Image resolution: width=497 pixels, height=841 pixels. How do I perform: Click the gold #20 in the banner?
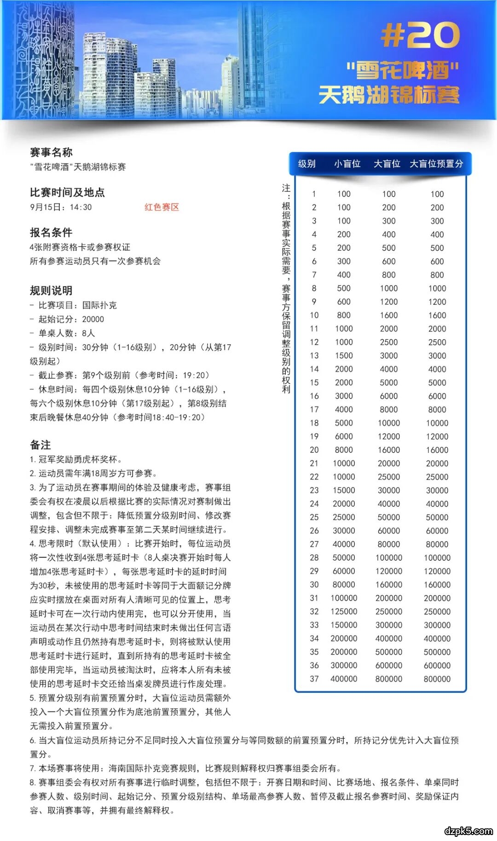pyautogui.click(x=420, y=35)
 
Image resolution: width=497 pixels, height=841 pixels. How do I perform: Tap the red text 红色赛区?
pyautogui.click(x=162, y=207)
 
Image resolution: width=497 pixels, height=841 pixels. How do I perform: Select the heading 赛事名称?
pyautogui.click(x=51, y=152)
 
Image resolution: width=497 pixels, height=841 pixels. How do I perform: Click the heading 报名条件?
pyautogui.click(x=51, y=232)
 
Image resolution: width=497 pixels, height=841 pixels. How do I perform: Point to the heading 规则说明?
pyautogui.click(x=51, y=290)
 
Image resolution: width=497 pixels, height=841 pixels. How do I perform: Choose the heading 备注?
pyautogui.click(x=40, y=445)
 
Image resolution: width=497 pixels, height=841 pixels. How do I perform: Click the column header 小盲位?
pyautogui.click(x=347, y=164)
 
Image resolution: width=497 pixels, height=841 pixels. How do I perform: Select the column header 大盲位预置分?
pyautogui.click(x=436, y=164)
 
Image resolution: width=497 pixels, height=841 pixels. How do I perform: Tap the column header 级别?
pyautogui.click(x=306, y=164)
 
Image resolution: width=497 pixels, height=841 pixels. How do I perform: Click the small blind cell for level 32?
pyautogui.click(x=344, y=611)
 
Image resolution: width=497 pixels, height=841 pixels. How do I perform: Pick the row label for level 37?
pyautogui.click(x=314, y=679)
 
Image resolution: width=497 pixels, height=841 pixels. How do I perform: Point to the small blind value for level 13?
pyautogui.click(x=344, y=355)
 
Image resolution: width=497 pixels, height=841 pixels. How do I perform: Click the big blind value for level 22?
pyautogui.click(x=389, y=477)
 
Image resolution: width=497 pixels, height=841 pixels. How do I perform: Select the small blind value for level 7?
pyautogui.click(x=344, y=275)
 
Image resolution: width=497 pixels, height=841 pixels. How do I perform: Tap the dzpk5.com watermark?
pyautogui.click(x=468, y=830)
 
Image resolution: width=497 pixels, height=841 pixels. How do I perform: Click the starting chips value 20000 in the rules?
pyautogui.click(x=93, y=319)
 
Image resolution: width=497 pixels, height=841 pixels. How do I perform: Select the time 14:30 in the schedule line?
pyautogui.click(x=81, y=207)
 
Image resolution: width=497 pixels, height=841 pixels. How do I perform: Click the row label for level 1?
pyautogui.click(x=314, y=194)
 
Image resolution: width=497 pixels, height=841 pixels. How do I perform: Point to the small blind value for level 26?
pyautogui.click(x=344, y=531)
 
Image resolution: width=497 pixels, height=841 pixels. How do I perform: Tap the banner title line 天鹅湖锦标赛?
pyautogui.click(x=389, y=95)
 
